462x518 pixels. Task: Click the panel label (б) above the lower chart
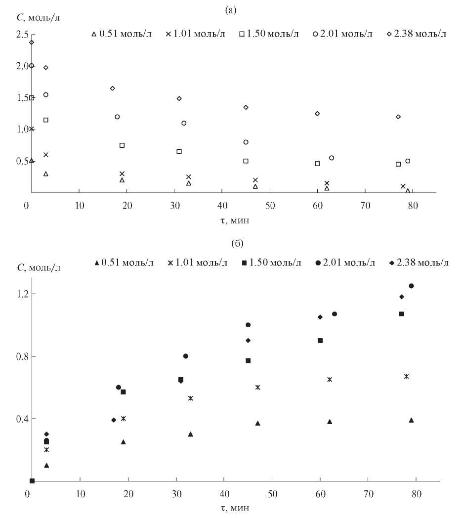click(231, 244)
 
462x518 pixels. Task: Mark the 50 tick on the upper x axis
click(270, 205)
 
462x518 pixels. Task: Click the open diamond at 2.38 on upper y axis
click(32, 42)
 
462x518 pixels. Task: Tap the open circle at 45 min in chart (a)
click(246, 142)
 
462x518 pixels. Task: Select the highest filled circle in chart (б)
click(411, 286)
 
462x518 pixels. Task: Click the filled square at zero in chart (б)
click(32, 481)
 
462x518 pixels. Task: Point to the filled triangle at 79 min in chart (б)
click(411, 420)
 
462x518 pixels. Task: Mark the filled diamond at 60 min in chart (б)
click(320, 317)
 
